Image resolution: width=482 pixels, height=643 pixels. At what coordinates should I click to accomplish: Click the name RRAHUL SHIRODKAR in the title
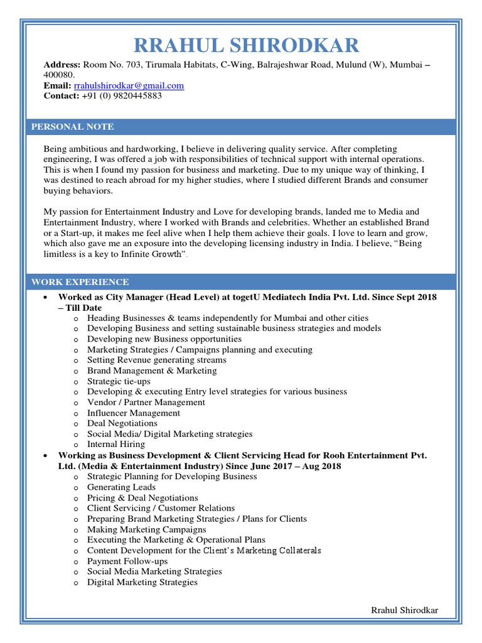coord(246,45)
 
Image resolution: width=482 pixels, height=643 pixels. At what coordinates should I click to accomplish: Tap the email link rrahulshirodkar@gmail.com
coord(129,85)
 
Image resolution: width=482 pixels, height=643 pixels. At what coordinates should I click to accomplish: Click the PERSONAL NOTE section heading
coord(73,127)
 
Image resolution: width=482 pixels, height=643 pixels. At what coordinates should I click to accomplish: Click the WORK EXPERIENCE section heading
coord(80,282)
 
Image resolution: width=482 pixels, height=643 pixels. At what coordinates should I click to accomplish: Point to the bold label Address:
coord(62,65)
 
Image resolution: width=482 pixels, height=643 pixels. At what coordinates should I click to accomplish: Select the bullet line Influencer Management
coord(133,413)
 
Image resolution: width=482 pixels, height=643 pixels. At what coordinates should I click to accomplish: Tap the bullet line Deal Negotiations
coord(122,423)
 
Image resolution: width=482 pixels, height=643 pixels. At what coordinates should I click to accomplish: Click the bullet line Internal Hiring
coord(115,444)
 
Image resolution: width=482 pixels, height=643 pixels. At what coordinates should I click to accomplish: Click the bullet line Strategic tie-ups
coord(119,381)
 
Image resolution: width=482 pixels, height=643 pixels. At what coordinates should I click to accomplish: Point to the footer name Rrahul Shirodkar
coord(405,610)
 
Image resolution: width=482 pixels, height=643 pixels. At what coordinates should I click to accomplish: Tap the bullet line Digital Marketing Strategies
coord(142,582)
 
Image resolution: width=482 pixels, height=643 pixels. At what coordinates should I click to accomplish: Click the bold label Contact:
coord(61,96)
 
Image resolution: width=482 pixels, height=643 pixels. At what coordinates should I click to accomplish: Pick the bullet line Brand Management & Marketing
coord(152,370)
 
